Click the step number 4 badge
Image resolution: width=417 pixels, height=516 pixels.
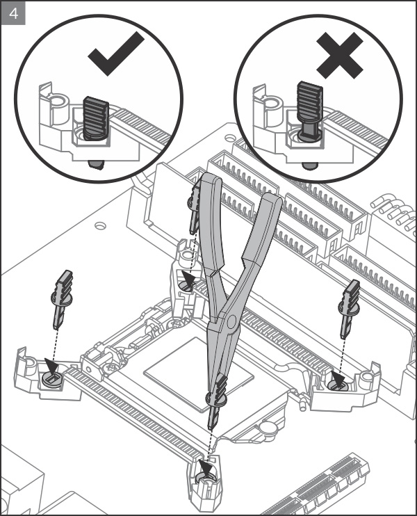pyautogui.click(x=14, y=14)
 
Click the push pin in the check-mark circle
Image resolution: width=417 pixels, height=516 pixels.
pyautogui.click(x=96, y=118)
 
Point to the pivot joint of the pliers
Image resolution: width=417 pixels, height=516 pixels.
pyautogui.click(x=230, y=320)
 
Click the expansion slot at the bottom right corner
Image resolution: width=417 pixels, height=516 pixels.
pyautogui.click(x=327, y=487)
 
